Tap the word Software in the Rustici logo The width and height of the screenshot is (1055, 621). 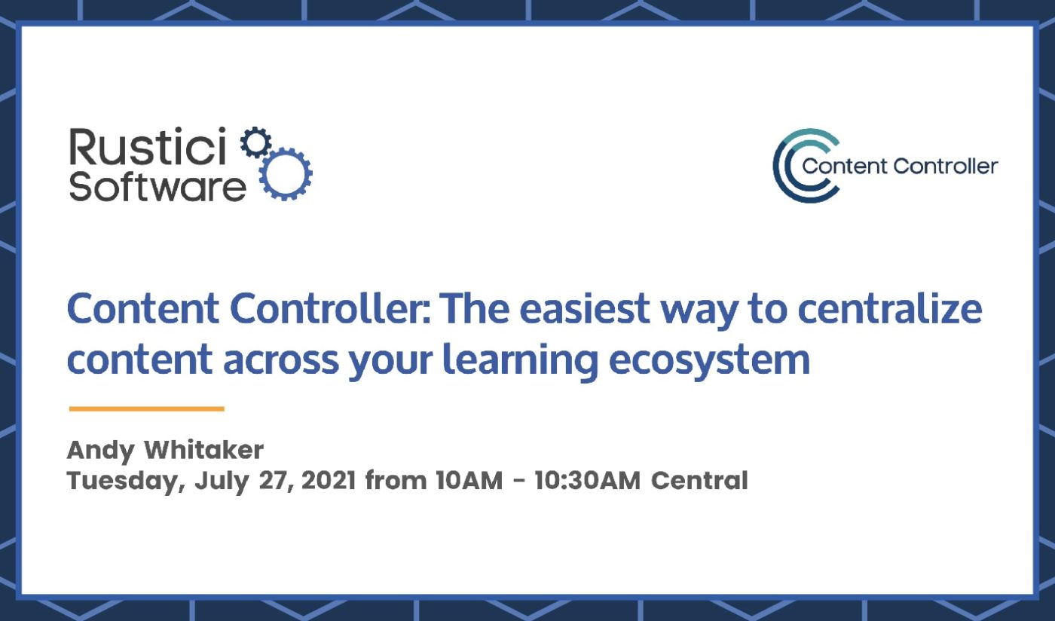(157, 185)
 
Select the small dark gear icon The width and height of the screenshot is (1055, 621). (256, 143)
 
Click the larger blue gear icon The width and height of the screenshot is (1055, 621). (286, 174)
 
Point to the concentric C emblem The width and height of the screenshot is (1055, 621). (795, 165)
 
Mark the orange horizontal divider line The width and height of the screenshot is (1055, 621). (147, 408)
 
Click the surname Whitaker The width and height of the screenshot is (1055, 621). (203, 451)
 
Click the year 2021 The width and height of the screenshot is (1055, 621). (329, 480)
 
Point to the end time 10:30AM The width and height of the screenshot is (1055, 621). (588, 480)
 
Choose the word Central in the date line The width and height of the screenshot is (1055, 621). (700, 480)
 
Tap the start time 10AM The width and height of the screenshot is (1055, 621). (467, 480)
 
